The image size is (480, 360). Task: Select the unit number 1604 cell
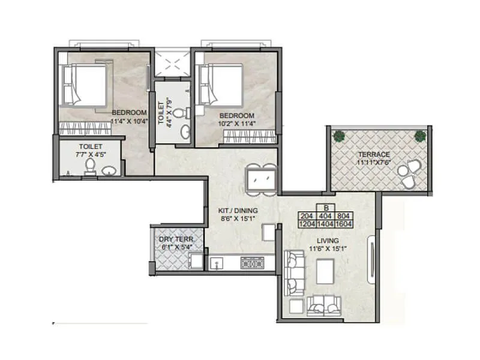coord(344,225)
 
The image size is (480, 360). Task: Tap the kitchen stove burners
coord(252,262)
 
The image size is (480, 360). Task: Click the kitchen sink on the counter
coord(216,262)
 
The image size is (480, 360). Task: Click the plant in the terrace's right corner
coord(420,136)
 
